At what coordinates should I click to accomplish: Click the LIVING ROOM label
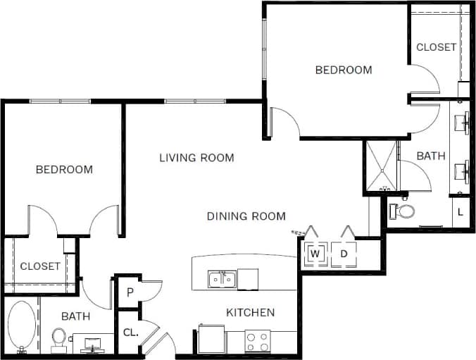(196, 157)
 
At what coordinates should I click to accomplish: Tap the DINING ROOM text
(246, 216)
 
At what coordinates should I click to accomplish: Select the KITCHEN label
(250, 312)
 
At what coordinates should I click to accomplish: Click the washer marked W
(315, 253)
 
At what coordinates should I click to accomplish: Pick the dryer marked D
(344, 253)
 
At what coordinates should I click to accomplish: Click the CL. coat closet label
(130, 332)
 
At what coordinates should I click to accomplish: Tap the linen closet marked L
(461, 211)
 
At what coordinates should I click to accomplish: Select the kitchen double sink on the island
(222, 280)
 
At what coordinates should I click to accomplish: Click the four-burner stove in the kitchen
(258, 341)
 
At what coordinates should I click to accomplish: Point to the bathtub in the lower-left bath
(20, 326)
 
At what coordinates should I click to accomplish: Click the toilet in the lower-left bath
(58, 339)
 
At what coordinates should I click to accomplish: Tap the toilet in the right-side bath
(404, 211)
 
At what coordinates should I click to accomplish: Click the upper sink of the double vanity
(462, 122)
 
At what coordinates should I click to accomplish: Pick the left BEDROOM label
(64, 169)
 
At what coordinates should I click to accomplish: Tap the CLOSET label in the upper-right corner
(436, 47)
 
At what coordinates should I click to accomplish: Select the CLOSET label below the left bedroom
(40, 266)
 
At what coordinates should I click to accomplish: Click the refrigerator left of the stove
(211, 339)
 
